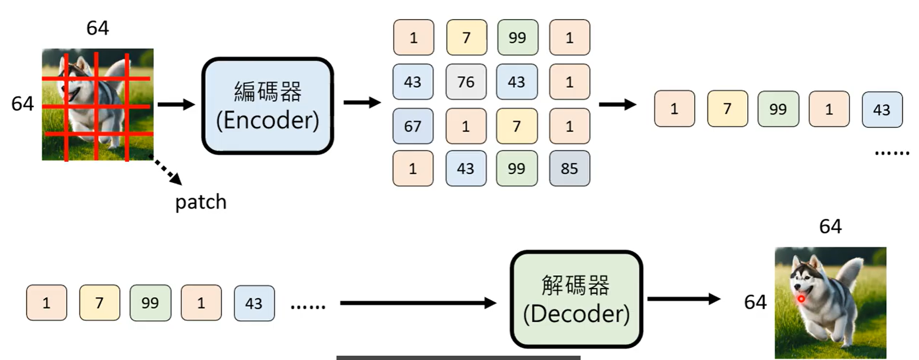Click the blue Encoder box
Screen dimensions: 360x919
click(267, 106)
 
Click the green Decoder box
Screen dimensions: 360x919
click(576, 299)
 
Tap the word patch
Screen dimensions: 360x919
click(201, 202)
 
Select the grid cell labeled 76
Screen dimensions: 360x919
click(466, 82)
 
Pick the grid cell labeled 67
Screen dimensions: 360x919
click(413, 126)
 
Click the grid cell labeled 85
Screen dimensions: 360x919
click(569, 169)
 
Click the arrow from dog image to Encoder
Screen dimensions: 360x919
click(176, 104)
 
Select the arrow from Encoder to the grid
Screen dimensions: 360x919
click(362, 102)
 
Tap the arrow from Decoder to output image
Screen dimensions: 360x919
click(684, 299)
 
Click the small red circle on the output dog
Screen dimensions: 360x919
click(801, 299)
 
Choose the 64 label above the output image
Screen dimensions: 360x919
click(830, 226)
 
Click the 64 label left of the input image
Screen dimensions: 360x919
click(22, 104)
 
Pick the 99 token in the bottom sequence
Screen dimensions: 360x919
click(150, 303)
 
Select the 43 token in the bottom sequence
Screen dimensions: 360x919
click(254, 304)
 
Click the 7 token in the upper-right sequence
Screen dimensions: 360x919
click(727, 109)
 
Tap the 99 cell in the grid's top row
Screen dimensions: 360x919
click(517, 38)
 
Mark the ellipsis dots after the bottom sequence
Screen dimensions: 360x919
click(308, 306)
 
